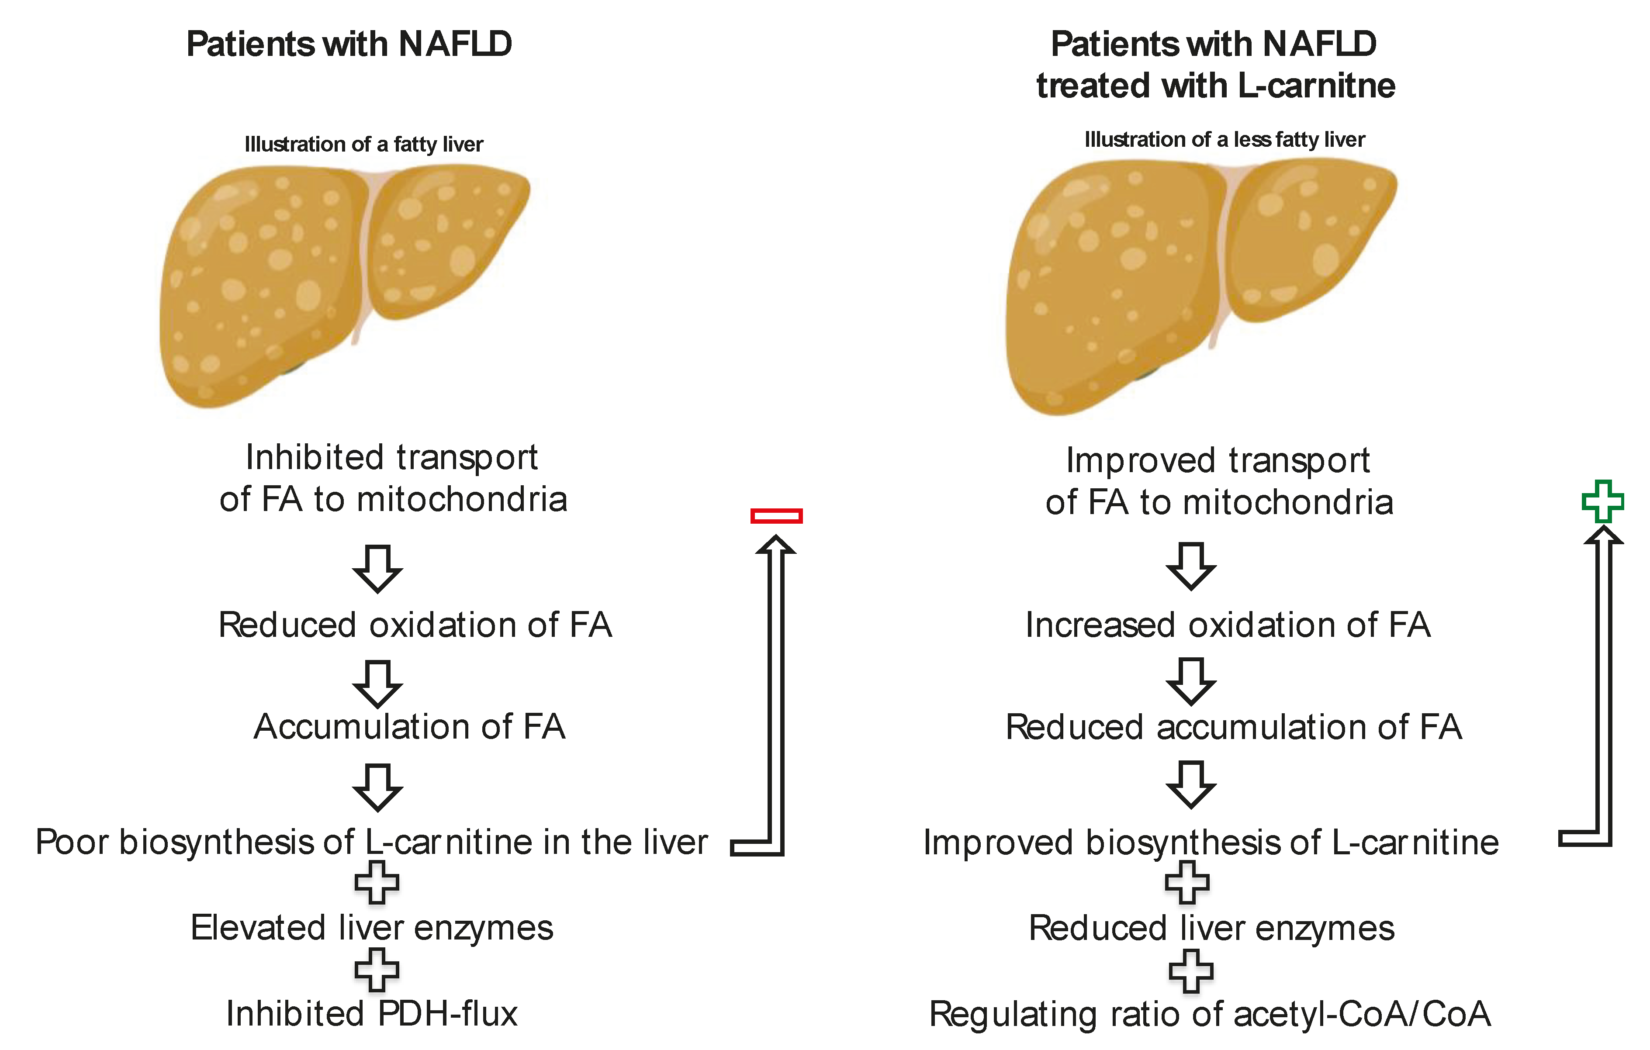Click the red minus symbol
click(776, 516)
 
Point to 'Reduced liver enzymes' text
click(1211, 928)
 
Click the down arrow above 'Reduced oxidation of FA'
click(377, 569)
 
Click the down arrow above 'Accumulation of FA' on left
click(377, 684)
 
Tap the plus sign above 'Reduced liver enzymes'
click(1187, 882)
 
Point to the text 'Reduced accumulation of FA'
click(1233, 727)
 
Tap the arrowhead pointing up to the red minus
click(776, 545)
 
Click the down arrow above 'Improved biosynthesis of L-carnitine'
click(1191, 785)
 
